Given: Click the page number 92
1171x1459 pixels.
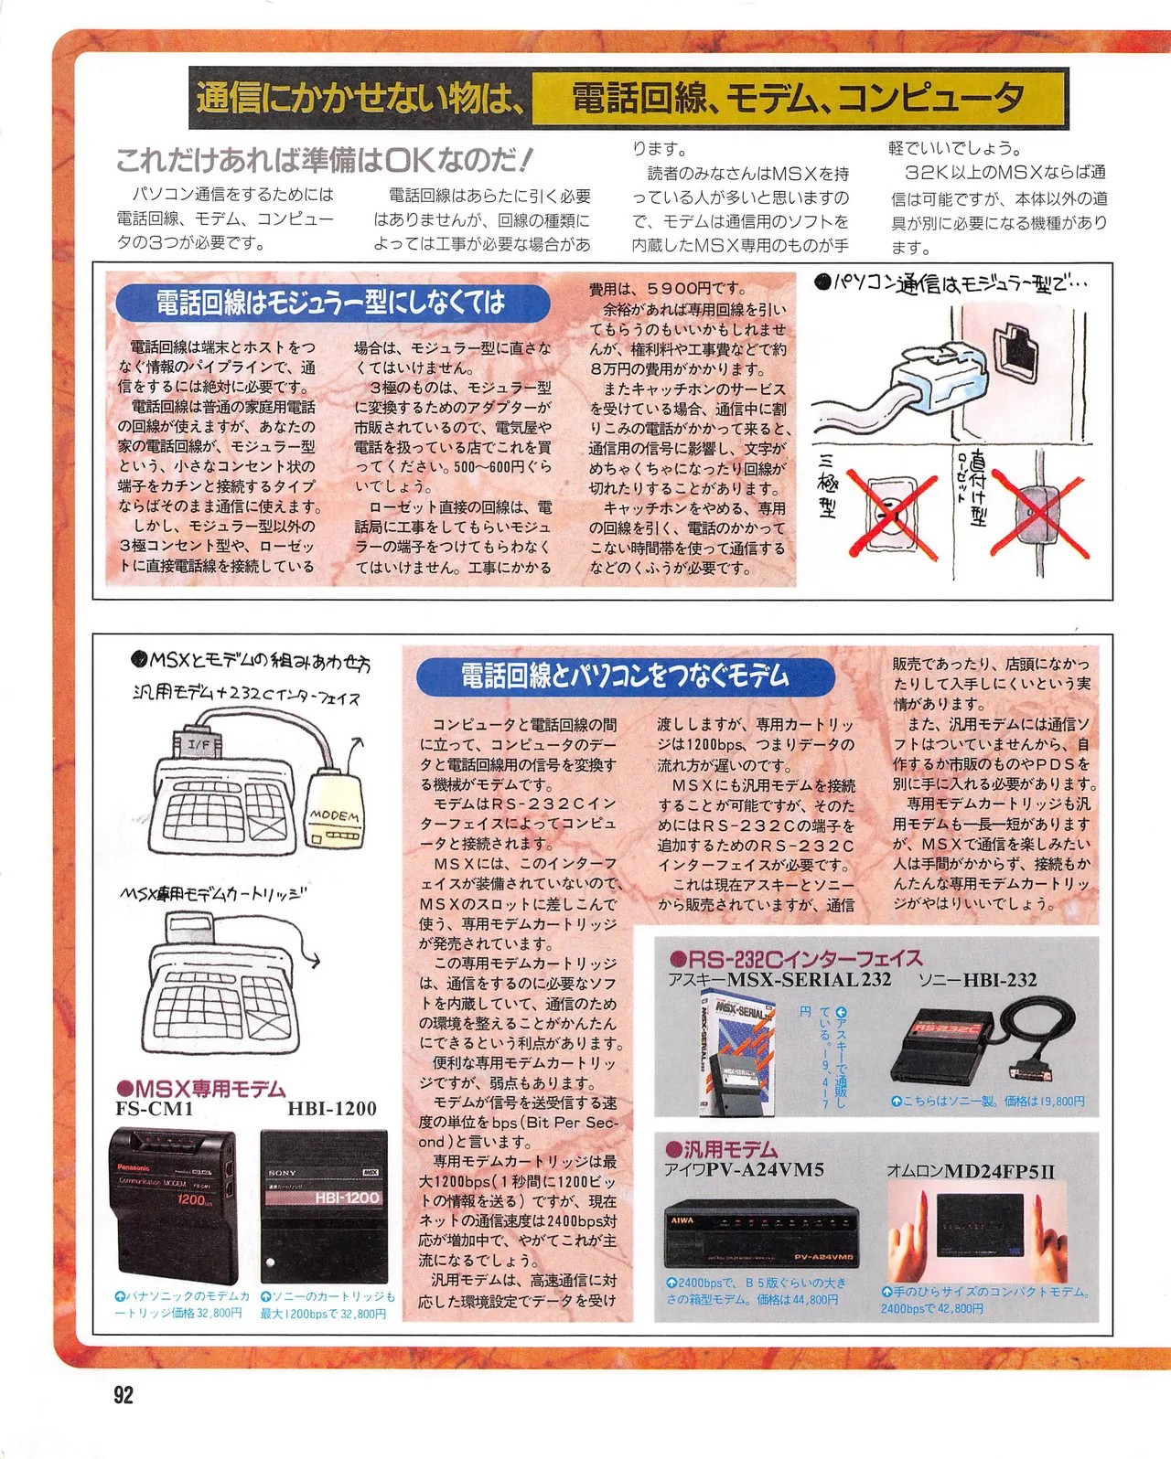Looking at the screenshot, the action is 124,1395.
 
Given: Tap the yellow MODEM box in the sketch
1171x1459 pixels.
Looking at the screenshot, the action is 335,808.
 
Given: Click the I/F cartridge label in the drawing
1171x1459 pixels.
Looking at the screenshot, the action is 199,744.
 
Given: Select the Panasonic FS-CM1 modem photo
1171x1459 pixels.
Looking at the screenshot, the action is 175,1206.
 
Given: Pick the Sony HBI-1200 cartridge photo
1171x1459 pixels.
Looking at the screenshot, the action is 324,1207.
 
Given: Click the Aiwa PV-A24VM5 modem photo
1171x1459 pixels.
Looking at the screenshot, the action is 761,1235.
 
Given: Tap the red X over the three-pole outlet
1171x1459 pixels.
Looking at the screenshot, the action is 893,517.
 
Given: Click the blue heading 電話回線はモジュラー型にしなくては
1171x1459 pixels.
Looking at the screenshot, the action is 332,303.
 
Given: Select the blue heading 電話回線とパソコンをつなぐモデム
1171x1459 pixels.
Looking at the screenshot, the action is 625,676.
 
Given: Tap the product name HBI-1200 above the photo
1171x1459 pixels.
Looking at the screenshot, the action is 332,1109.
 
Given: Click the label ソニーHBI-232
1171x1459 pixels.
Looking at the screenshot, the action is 977,980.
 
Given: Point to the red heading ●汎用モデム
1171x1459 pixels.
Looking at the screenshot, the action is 721,1149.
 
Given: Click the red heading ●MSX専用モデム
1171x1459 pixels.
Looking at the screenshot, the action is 201,1089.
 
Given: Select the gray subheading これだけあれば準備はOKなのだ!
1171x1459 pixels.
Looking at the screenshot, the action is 323,161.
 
